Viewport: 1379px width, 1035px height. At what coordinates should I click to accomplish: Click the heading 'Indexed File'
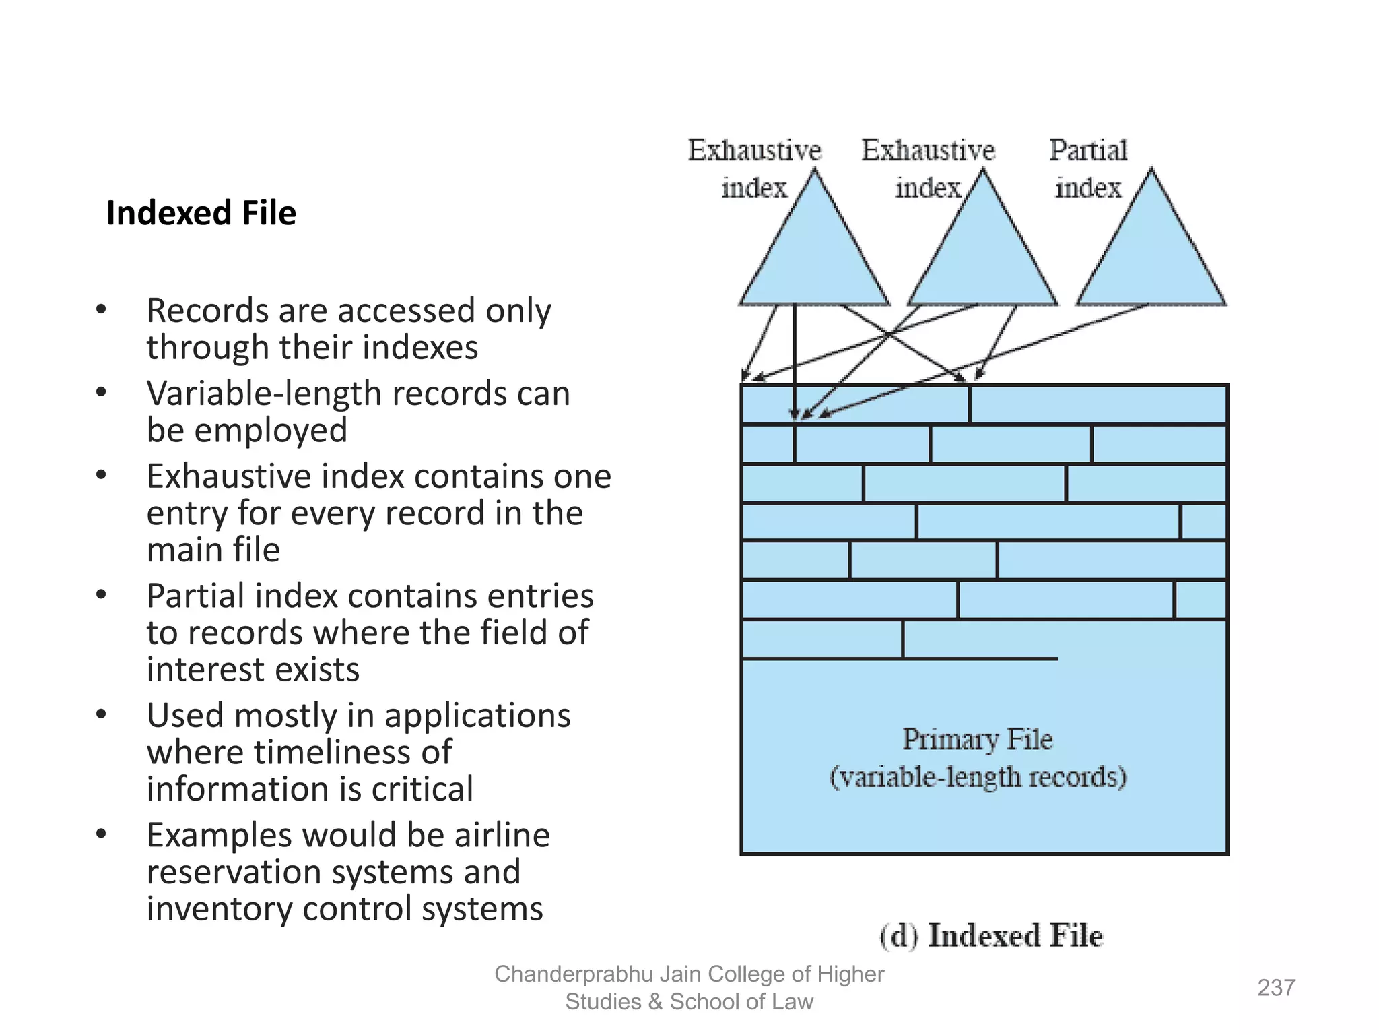pos(201,213)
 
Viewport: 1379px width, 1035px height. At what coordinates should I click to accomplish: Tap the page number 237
pos(1275,987)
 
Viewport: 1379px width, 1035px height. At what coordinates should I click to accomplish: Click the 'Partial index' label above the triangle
pos(1087,168)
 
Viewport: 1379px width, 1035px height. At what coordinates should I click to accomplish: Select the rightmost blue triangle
pos(1151,256)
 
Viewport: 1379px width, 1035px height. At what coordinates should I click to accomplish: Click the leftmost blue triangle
pos(814,256)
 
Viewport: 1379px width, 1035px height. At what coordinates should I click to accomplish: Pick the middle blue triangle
pos(982,256)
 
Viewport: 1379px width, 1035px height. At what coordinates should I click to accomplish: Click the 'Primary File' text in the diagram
pos(977,739)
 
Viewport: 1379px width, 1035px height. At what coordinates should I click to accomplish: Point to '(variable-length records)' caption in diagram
pos(978,777)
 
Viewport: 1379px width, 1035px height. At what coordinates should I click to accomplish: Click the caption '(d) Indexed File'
pos(990,935)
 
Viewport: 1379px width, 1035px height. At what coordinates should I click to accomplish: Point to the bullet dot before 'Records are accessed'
pos(101,309)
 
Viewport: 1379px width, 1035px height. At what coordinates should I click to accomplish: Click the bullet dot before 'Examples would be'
pos(101,834)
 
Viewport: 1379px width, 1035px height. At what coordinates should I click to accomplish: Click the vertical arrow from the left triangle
pos(795,357)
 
